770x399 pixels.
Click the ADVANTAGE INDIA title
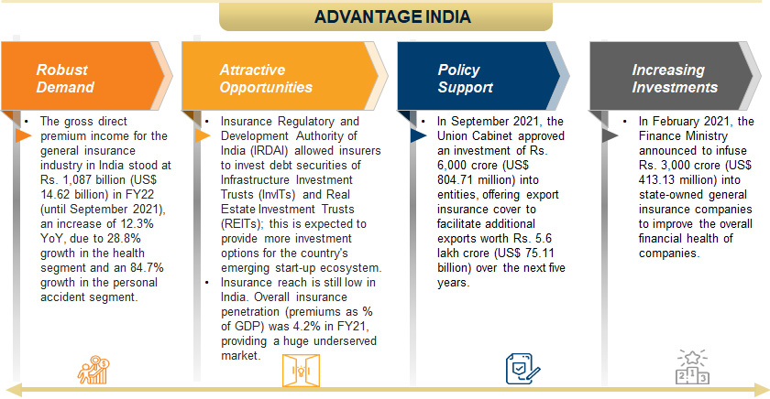pos(392,16)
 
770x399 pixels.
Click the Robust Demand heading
pos(64,79)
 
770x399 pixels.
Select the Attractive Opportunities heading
pos(266,79)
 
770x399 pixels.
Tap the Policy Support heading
pos(466,79)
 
